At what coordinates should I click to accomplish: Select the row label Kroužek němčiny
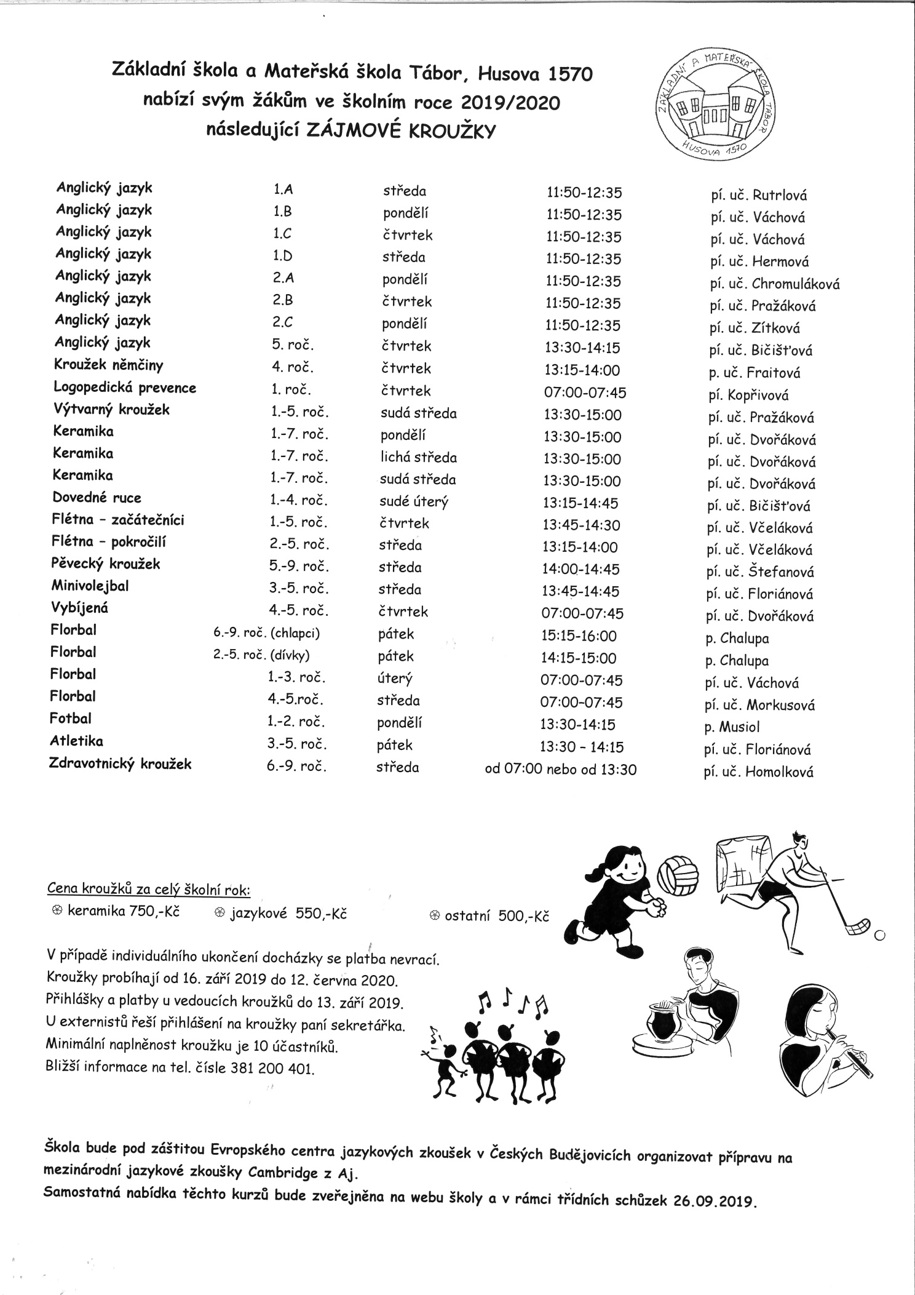pos(109,365)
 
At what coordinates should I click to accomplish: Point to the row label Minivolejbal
pos(90,586)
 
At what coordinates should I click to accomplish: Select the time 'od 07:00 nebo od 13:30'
pos(561,769)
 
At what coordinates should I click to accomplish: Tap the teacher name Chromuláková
pos(795,284)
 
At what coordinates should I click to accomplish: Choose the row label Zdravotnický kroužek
pos(121,764)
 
